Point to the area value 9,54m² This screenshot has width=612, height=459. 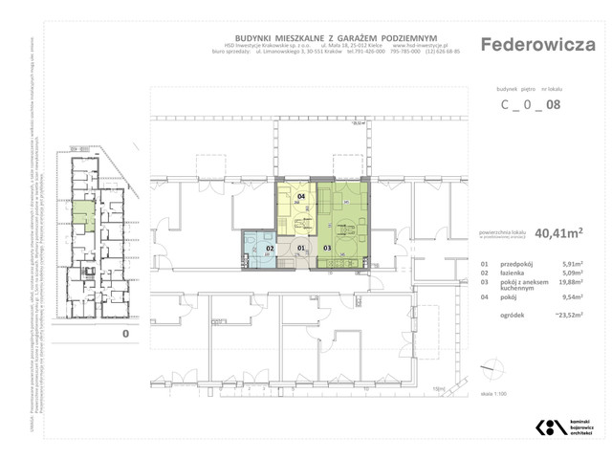pos(572,298)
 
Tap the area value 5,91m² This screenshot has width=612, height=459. pos(572,264)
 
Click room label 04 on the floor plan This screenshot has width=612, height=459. pos(301,197)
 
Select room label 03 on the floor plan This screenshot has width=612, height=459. pos(327,249)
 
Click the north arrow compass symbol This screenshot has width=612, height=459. pos(493,368)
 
